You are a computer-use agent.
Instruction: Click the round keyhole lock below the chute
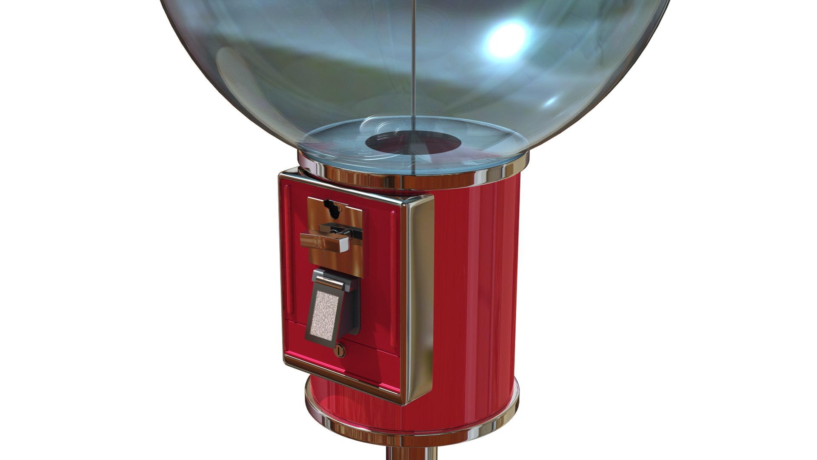[x=340, y=351]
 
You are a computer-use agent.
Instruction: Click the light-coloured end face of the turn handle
[x=344, y=243]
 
